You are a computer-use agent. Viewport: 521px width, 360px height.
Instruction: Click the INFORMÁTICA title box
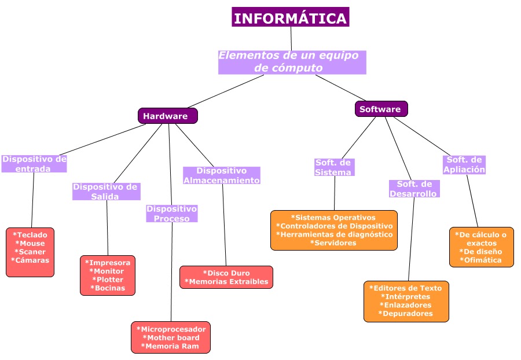coord(291,18)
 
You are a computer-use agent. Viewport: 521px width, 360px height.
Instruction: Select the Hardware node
coord(167,116)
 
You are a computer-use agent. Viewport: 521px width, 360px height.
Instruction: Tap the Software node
coord(381,109)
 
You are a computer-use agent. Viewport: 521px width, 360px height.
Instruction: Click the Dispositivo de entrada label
coord(34,163)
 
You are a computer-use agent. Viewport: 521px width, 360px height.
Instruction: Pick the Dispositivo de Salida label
coord(107,192)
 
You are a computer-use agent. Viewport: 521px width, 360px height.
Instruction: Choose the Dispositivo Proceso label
coord(171,214)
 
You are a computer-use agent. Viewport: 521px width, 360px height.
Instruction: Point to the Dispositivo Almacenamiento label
coord(222,175)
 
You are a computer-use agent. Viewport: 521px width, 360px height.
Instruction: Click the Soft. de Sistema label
coord(333,167)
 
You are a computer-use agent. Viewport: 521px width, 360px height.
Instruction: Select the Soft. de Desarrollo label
coord(414,189)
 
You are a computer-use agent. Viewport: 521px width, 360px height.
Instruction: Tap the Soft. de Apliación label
coord(464,164)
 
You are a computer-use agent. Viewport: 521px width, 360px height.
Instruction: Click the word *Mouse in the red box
coord(30,244)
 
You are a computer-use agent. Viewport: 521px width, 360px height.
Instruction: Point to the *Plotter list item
coord(108,280)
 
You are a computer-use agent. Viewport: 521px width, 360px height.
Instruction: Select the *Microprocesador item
coord(171,329)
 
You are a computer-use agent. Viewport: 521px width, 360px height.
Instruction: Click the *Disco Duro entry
coord(226,273)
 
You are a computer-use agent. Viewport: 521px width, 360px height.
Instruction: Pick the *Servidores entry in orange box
coord(333,243)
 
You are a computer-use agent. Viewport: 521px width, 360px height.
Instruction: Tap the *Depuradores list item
coord(406,314)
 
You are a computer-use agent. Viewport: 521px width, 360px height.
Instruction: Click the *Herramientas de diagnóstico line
coord(334,234)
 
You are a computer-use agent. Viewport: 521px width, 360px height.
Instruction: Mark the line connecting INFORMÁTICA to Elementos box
coord(291,38)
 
